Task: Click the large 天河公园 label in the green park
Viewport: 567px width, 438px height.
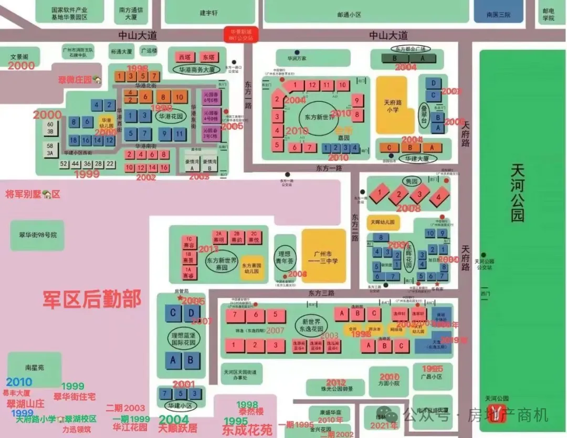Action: pos(518,192)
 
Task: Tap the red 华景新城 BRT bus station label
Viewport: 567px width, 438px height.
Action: pos(241,35)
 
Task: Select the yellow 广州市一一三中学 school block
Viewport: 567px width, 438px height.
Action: pos(323,256)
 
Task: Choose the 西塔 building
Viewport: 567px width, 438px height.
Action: pos(184,57)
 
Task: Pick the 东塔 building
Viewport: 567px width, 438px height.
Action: pos(208,57)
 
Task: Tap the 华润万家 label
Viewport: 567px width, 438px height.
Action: pos(297,58)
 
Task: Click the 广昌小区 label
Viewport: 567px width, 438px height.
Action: pos(432,376)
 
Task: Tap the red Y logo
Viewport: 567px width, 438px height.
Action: pos(496,414)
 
